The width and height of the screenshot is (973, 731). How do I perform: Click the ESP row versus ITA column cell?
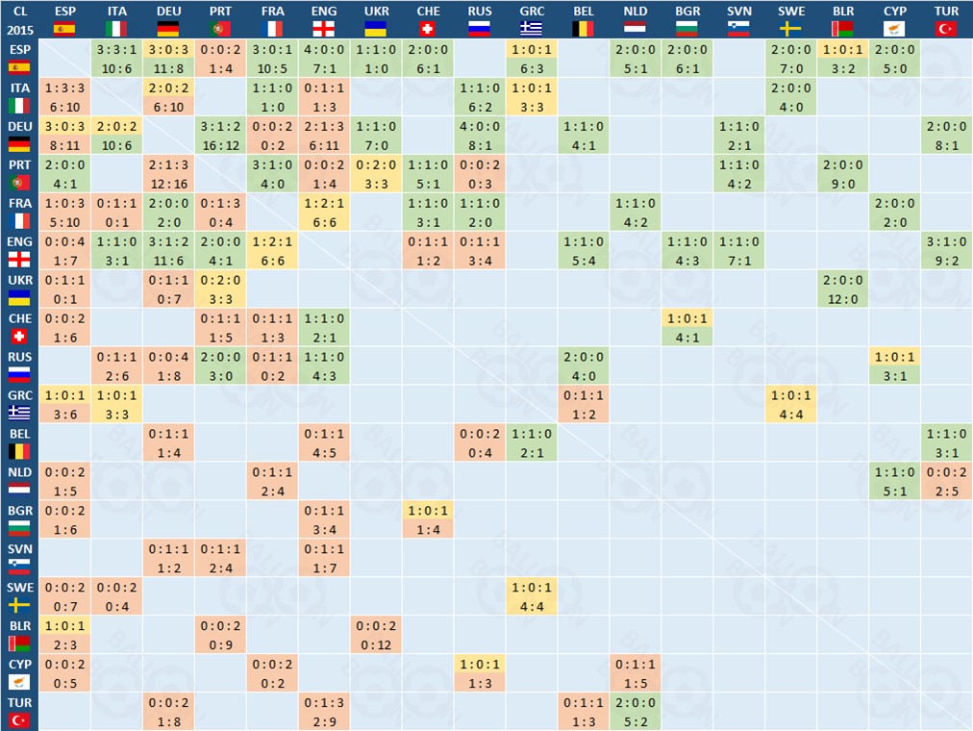(x=117, y=59)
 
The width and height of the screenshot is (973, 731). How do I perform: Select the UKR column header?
(x=377, y=19)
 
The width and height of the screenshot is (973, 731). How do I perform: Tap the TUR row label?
(x=19, y=712)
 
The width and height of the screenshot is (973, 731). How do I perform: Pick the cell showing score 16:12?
(x=221, y=136)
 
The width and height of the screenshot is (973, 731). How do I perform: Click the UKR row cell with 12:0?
(x=844, y=290)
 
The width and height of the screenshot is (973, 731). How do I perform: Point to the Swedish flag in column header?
(x=792, y=29)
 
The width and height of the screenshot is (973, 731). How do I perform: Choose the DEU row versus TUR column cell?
(x=946, y=136)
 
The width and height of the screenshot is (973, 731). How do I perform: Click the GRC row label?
(x=19, y=404)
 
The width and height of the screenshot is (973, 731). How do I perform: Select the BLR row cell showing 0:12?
(x=377, y=636)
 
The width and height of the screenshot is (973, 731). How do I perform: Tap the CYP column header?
(x=896, y=19)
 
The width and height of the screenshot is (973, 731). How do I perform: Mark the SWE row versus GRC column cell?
(x=533, y=597)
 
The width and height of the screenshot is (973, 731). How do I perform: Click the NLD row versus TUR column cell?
(x=946, y=482)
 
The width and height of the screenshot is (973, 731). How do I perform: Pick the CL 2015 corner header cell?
(x=19, y=19)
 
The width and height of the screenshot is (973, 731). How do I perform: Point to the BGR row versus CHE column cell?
(x=429, y=520)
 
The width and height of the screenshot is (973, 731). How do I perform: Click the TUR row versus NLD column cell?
(x=636, y=713)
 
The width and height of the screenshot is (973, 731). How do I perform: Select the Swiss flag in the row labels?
(x=19, y=337)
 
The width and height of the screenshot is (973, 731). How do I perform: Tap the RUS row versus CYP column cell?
(x=896, y=366)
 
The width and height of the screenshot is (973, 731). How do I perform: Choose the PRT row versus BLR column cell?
(x=844, y=174)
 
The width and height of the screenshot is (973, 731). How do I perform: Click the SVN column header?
(x=740, y=19)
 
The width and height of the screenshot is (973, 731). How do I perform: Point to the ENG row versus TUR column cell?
(x=946, y=251)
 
